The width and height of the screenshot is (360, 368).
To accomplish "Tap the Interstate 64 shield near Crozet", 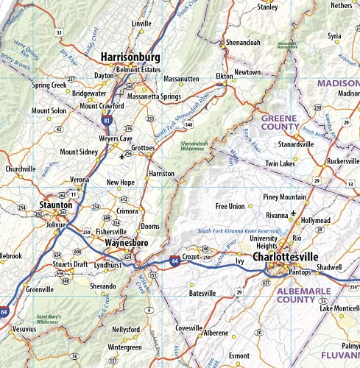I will [172, 260].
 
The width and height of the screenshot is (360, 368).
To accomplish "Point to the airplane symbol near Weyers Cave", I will [121, 156].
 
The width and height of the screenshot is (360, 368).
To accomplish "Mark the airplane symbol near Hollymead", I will [294, 213].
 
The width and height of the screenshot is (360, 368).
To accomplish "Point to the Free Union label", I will [229, 206].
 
